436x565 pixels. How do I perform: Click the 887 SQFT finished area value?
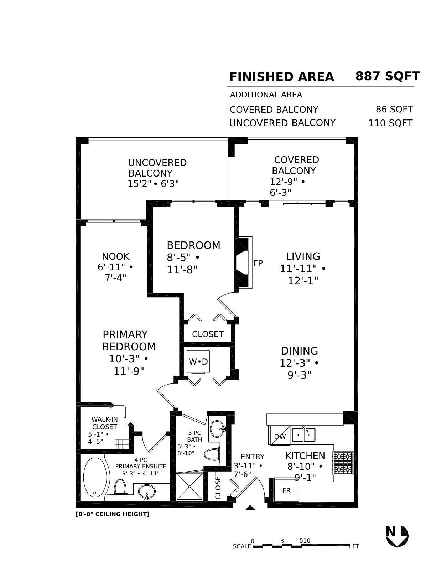point(388,76)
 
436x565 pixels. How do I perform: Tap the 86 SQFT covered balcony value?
point(394,110)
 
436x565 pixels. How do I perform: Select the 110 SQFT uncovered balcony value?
point(390,123)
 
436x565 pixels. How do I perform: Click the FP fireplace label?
point(258,263)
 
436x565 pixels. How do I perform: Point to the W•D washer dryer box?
point(198,362)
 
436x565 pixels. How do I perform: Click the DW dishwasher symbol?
point(280,436)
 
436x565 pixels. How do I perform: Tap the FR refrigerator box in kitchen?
point(286,490)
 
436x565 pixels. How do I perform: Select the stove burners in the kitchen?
point(343,463)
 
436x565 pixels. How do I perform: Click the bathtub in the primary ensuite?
point(95,477)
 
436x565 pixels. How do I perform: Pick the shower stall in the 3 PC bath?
point(190,487)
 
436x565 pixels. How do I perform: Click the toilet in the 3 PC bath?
point(212,454)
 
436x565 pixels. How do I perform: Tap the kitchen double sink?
point(303,435)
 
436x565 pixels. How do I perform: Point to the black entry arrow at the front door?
point(250,508)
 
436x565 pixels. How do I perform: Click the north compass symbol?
point(397,536)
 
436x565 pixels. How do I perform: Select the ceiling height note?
point(113,514)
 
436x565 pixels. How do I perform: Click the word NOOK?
point(115,256)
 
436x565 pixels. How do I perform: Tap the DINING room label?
point(299,351)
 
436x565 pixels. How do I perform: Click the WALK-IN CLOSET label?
point(104,423)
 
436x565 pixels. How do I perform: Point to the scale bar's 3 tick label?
point(282,541)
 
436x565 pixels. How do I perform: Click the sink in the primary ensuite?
point(146,492)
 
